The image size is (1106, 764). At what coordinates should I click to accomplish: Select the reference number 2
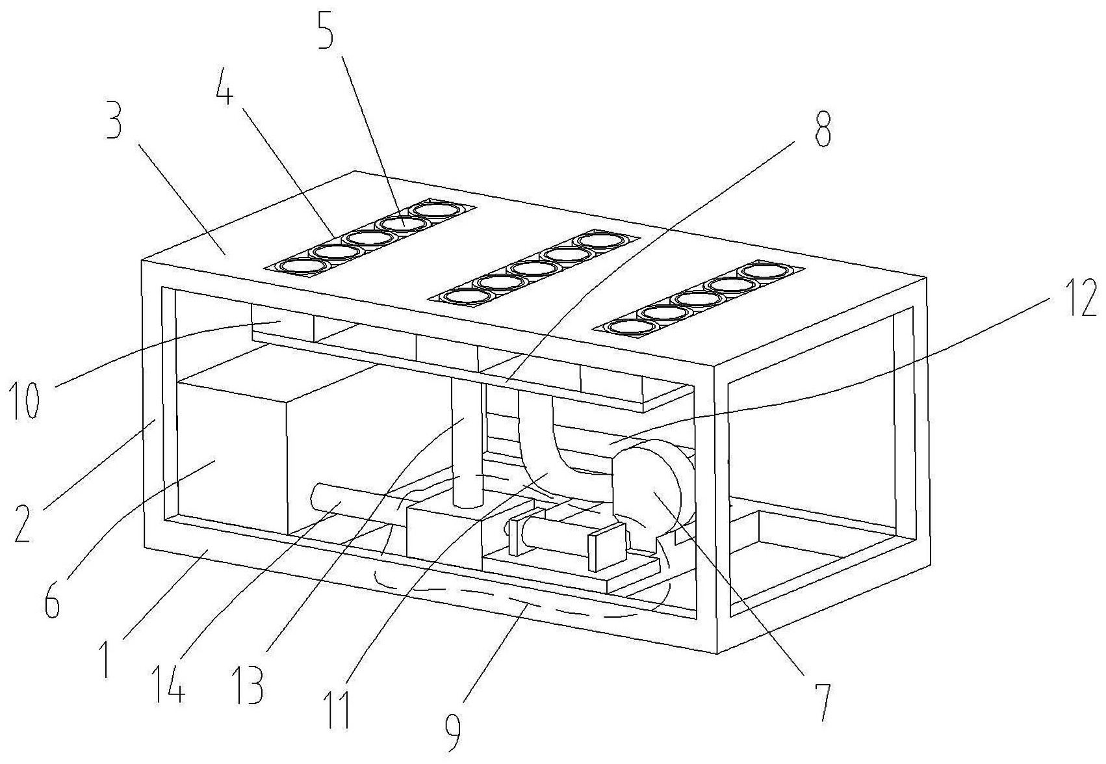[x=23, y=523]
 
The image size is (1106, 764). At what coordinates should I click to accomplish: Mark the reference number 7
[x=823, y=703]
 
